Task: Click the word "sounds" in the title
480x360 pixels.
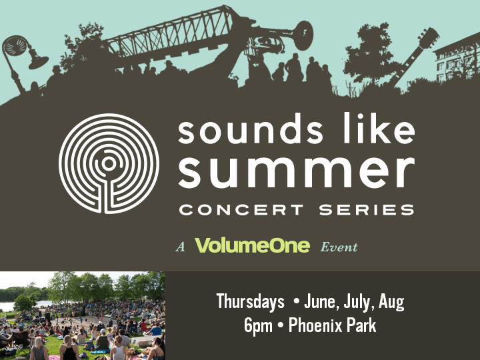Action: point(250,129)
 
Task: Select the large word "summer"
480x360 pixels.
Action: point(296,172)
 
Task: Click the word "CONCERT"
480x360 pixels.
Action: point(241,210)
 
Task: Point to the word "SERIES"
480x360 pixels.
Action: point(367,210)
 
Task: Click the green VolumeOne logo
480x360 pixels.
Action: point(253,245)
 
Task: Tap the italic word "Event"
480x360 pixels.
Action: point(339,247)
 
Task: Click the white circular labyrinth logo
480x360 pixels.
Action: point(109,164)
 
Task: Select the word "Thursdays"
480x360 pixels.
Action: point(250,302)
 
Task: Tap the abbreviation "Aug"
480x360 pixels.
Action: point(391,302)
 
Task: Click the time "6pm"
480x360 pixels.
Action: point(258,326)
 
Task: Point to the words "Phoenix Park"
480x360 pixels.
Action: point(332,325)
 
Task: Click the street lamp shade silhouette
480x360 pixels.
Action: point(38,62)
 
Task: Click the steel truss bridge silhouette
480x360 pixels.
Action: point(171,35)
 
